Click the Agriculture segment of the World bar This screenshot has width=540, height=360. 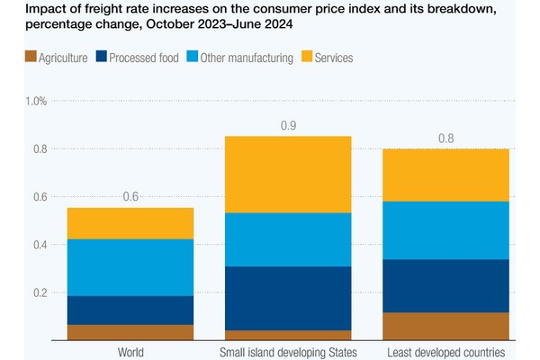point(130,332)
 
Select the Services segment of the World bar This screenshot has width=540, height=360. point(130,223)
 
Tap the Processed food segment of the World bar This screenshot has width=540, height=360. point(130,310)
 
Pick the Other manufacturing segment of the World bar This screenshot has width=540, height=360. point(130,267)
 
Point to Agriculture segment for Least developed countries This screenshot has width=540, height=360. point(445,326)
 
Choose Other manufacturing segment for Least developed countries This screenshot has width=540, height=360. point(445,230)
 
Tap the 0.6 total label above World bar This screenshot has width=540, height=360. point(130,197)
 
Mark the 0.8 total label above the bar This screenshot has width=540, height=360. point(445,138)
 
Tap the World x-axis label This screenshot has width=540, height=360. point(130,352)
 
